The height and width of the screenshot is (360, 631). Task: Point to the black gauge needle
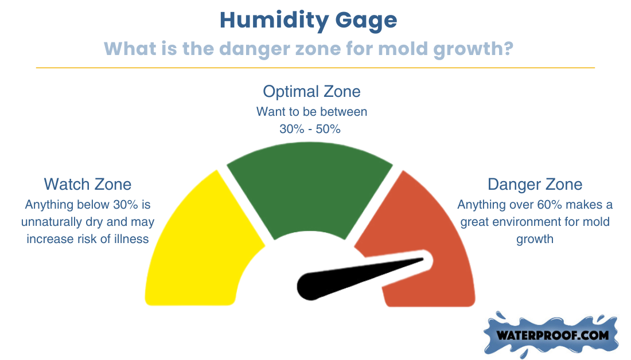[x=354, y=277]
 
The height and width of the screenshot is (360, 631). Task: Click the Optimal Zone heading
[x=311, y=92]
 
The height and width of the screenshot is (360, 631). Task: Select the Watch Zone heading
[x=88, y=185]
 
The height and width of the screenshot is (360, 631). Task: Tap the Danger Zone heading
[x=535, y=185]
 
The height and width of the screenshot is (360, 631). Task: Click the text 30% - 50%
[x=310, y=129]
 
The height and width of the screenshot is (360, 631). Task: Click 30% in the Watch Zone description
[x=126, y=205]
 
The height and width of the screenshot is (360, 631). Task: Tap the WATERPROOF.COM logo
[x=551, y=335]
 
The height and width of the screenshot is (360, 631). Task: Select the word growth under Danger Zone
[x=535, y=240]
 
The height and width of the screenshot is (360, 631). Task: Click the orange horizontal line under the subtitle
[x=315, y=68]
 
